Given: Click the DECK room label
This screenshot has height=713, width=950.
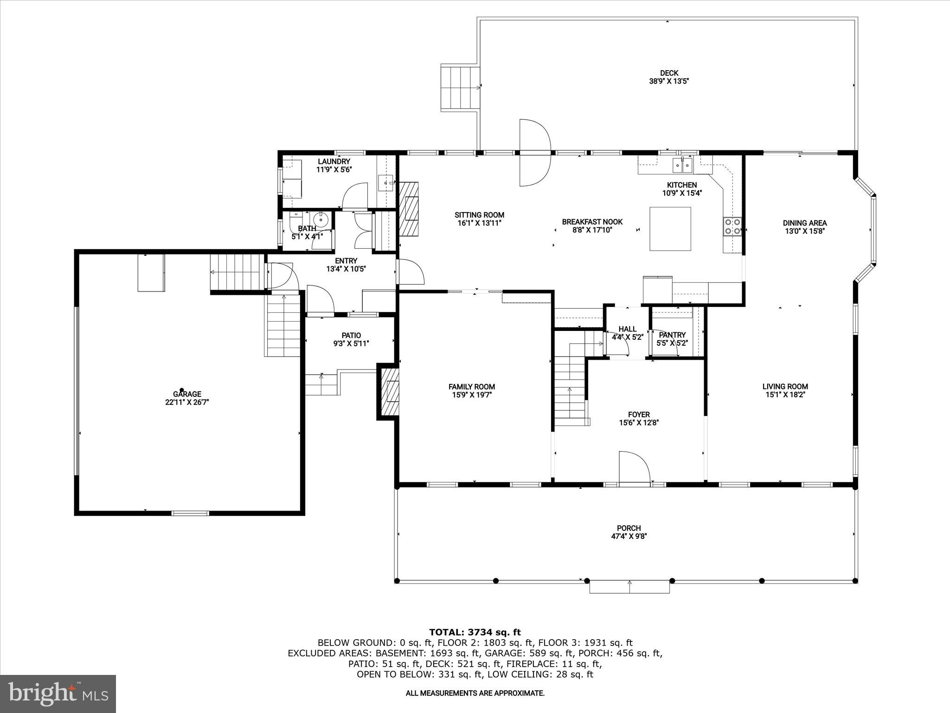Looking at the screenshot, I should pos(669,73).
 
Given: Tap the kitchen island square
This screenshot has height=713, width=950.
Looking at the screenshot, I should pos(670,229).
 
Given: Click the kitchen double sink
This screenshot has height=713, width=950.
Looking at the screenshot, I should pos(682,164).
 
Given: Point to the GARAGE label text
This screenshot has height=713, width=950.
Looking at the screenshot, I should pos(187,394).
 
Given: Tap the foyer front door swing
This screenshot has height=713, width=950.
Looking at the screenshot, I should pos(634,467).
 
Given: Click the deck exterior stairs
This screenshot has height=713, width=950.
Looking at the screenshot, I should pos(460,88).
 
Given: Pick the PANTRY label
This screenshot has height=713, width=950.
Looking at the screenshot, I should pos(672,335).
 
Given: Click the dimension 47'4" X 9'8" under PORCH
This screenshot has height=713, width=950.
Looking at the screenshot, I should pos(629,536).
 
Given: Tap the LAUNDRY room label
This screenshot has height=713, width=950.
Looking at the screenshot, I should pos(334,162).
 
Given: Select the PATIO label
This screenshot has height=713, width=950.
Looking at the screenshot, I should pos(351,335).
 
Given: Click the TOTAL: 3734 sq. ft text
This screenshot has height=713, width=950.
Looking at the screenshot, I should pos(475,632).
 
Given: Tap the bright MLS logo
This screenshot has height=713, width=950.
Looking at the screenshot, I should pos(58,694).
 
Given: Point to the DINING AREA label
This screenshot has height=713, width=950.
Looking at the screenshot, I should pos(804,223).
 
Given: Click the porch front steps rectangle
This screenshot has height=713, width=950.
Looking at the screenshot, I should pos(629,587).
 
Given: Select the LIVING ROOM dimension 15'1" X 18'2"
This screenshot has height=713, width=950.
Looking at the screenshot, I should pos(785,395).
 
